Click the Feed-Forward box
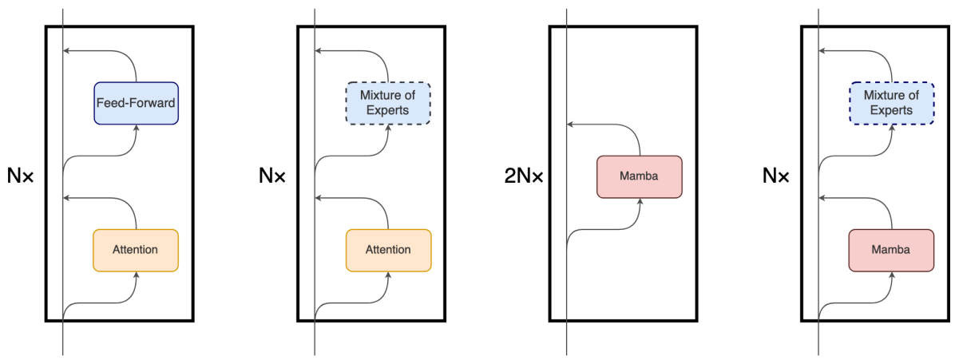[x=136, y=103]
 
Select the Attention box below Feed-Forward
[x=136, y=250]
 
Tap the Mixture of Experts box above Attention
[x=388, y=103]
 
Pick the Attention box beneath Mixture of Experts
[x=388, y=250]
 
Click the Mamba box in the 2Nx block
[x=640, y=176]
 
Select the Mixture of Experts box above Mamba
[x=891, y=103]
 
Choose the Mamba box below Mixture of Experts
[x=891, y=250]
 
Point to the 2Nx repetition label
[x=524, y=176]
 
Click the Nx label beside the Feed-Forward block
[x=21, y=176]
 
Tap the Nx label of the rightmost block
[x=776, y=176]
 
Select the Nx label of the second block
[x=272, y=176]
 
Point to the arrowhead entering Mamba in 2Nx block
[x=640, y=201]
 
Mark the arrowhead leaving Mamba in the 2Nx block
[x=570, y=125]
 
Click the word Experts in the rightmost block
[x=891, y=110]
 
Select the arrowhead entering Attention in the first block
[x=136, y=275]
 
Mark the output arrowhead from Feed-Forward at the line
[x=66, y=51]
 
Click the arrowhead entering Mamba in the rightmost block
[x=891, y=275]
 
